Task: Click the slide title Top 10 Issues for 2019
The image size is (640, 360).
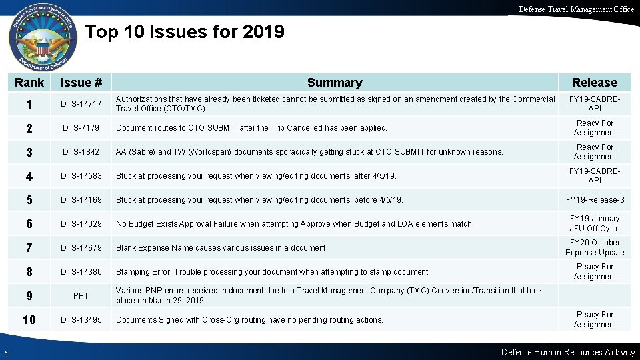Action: click(x=185, y=32)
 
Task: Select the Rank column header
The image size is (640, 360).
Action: click(x=29, y=83)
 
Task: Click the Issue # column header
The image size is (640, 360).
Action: click(x=81, y=83)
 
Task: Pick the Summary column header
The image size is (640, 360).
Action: click(x=335, y=83)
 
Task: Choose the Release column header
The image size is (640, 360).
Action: click(x=595, y=83)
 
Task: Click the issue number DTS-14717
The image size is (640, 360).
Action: click(x=81, y=104)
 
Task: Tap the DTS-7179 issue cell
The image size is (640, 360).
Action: click(x=81, y=128)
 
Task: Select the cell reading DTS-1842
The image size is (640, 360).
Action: click(x=81, y=152)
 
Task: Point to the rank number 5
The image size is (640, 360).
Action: click(x=29, y=200)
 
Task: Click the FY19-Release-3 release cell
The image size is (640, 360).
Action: click(x=595, y=200)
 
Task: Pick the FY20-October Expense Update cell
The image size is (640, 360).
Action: click(x=595, y=247)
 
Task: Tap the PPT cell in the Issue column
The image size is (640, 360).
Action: click(x=81, y=296)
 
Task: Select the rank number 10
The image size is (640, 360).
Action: click(x=29, y=320)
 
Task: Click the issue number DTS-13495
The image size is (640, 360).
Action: click(x=81, y=320)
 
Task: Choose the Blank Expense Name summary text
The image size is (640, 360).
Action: click(x=222, y=248)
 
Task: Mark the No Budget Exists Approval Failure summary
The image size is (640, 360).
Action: click(x=295, y=224)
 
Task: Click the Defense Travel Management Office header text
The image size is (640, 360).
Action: click(x=576, y=9)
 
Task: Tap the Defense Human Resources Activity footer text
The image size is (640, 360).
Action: click(x=567, y=352)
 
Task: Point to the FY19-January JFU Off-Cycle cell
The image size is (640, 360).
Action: click(x=595, y=223)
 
